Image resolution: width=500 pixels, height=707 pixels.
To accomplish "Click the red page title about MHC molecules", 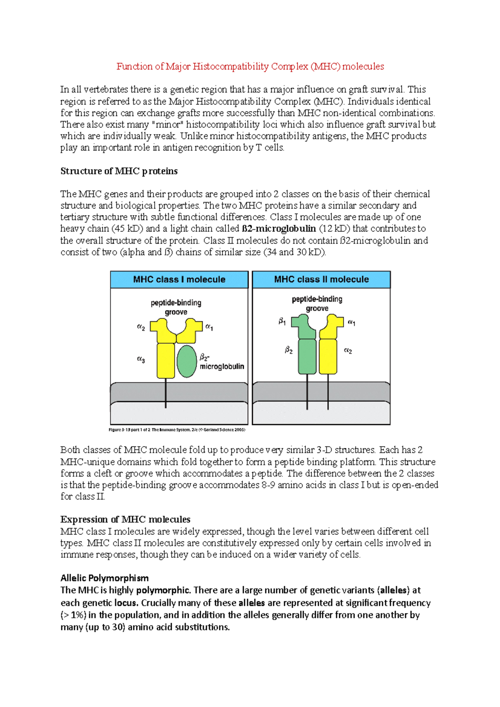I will click(250, 67).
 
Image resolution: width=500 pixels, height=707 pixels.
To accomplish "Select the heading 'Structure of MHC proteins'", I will click(119, 171).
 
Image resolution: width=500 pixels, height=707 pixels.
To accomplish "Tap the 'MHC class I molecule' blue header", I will click(179, 279).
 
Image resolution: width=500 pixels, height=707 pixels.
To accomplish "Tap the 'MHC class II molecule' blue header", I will click(321, 279).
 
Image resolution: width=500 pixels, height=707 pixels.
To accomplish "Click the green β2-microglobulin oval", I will click(186, 361).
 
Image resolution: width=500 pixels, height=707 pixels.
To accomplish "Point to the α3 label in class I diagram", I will click(141, 359).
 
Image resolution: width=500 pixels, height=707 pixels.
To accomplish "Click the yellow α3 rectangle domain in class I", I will click(166, 360).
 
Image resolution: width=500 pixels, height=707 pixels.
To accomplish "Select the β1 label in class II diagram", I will click(282, 321).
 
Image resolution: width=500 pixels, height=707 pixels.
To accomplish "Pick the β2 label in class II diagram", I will click(288, 350).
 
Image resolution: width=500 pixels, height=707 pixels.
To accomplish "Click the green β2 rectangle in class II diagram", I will click(307, 356).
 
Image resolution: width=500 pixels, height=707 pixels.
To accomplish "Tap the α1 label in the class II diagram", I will click(351, 322).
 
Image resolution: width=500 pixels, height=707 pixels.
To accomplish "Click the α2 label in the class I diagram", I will click(141, 327).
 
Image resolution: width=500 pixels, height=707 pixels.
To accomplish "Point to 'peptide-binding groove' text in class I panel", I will click(176, 307).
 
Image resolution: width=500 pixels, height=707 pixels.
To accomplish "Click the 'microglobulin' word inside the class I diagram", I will click(222, 366).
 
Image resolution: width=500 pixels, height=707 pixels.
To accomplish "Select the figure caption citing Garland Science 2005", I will click(177, 430).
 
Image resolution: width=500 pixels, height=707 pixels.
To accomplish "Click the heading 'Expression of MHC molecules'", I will click(125, 520).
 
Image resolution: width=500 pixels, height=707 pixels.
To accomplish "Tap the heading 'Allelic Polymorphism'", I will click(104, 578).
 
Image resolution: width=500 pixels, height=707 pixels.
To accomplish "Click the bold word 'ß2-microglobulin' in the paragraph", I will click(278, 229).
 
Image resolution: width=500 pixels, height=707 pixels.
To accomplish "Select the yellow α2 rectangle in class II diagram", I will click(327, 356).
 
